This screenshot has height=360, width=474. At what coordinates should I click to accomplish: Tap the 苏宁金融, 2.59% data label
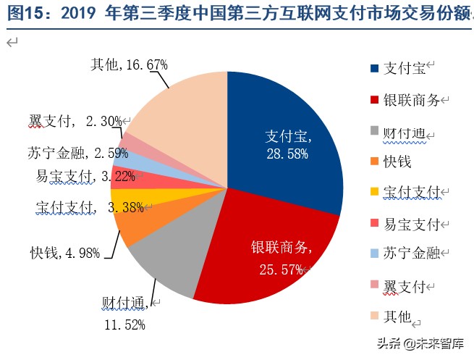click(x=71, y=153)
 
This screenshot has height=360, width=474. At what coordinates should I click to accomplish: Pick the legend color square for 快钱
click(x=374, y=162)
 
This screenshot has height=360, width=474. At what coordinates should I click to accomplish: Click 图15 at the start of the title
click(x=20, y=14)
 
